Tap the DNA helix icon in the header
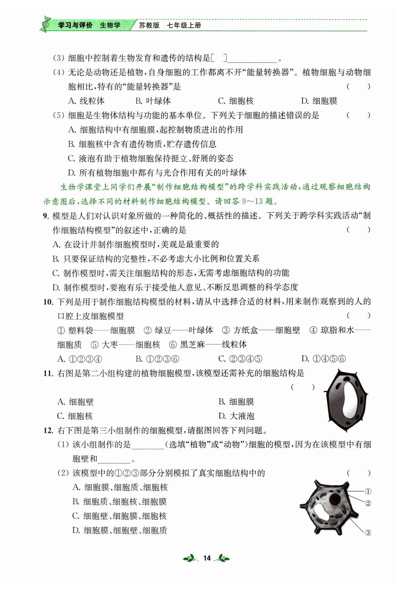point(45,24)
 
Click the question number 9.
point(46,216)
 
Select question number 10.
point(48,302)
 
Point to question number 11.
point(48,373)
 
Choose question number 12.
point(48,431)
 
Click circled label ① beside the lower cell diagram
point(368,491)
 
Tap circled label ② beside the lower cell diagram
point(368,503)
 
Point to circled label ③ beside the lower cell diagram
point(368,533)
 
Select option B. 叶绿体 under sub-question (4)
point(153,101)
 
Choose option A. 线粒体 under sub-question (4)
point(86,101)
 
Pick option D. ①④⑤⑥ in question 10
point(323,359)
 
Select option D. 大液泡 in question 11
point(236,416)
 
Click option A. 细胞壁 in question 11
point(75,402)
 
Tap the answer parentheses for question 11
point(303,387)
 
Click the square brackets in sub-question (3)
point(219,58)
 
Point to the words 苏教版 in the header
point(149,25)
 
